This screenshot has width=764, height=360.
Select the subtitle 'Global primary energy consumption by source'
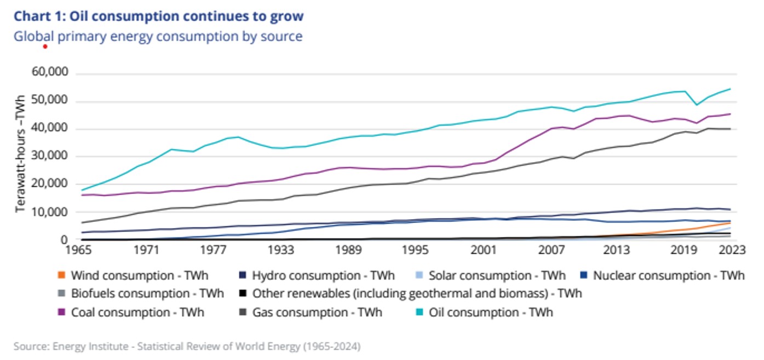click(x=158, y=37)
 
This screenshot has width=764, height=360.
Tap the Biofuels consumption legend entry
click(x=147, y=294)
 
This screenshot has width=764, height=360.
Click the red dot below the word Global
click(x=45, y=47)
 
